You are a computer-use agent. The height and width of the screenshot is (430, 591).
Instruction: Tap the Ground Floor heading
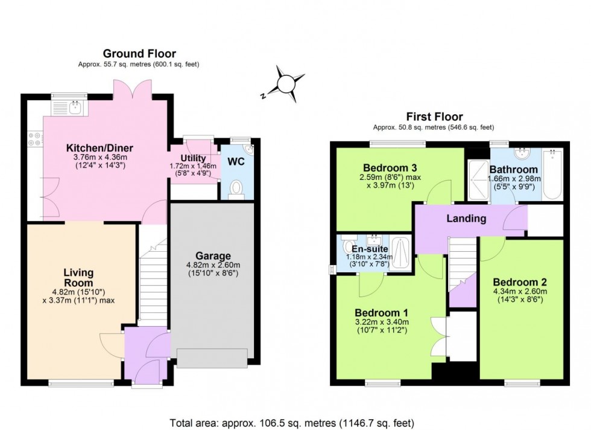tap(139, 54)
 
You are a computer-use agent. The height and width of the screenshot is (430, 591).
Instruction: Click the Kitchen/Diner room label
tap(100, 148)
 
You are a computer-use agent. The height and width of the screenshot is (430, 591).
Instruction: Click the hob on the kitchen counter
tap(34, 140)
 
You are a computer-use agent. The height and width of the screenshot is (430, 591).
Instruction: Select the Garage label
tap(213, 256)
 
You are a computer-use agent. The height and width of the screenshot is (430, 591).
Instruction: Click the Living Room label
tap(78, 278)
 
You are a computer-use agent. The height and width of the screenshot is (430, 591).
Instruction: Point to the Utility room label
tap(185, 158)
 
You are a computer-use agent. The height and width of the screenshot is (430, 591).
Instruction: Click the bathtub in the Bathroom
tap(552, 175)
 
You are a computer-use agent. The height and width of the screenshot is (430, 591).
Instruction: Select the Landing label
tap(466, 219)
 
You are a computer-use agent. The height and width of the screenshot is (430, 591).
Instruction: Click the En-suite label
tap(366, 248)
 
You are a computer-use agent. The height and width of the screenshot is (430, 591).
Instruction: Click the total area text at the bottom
tap(295, 423)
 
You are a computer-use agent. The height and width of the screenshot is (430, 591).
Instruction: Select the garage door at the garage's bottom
tap(212, 358)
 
